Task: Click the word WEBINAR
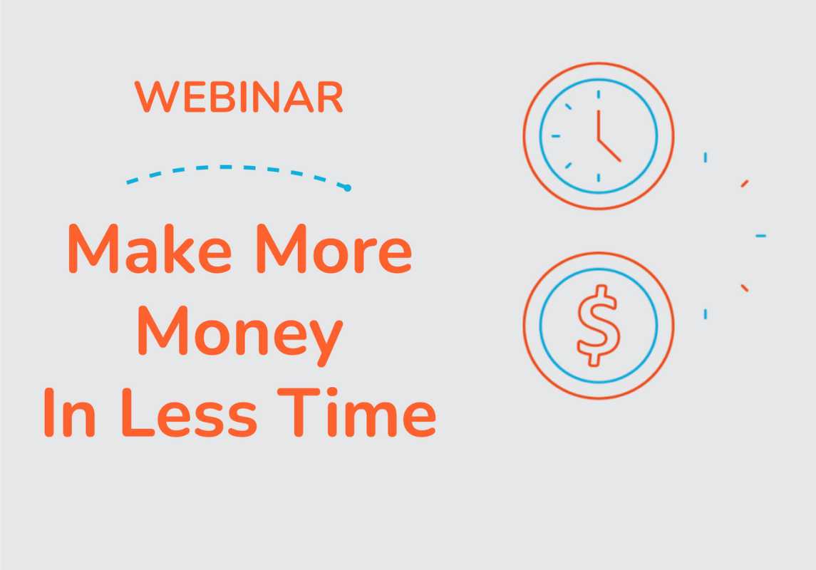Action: pyautogui.click(x=239, y=97)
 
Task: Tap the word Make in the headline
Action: pyautogui.click(x=150, y=249)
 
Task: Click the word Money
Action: pyautogui.click(x=240, y=333)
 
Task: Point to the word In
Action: pyautogui.click(x=69, y=412)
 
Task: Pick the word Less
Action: pyautogui.click(x=190, y=412)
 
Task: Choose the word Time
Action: pyautogui.click(x=357, y=412)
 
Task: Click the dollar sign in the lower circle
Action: pyautogui.click(x=599, y=326)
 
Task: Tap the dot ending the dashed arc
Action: pyautogui.click(x=348, y=188)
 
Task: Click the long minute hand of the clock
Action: pyautogui.click(x=599, y=125)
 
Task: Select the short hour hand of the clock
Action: pyautogui.click(x=609, y=150)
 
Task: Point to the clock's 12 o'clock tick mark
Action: pyautogui.click(x=599, y=94)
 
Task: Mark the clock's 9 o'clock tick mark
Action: pyautogui.click(x=556, y=136)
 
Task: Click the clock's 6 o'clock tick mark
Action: pyautogui.click(x=599, y=177)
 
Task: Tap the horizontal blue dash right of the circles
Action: pyautogui.click(x=761, y=236)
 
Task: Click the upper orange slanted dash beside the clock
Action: pyautogui.click(x=745, y=184)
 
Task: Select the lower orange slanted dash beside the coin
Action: pyautogui.click(x=745, y=288)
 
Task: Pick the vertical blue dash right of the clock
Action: pyautogui.click(x=705, y=157)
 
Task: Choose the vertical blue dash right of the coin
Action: pyautogui.click(x=705, y=313)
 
